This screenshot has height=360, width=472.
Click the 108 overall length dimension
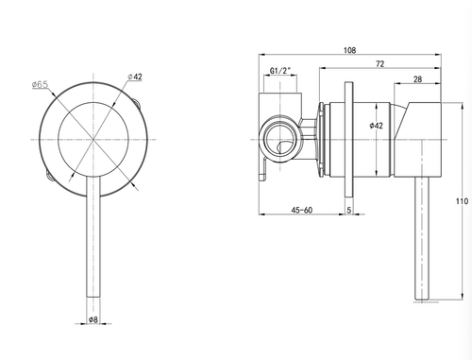(x=349, y=50)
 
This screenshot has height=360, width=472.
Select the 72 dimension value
(x=380, y=64)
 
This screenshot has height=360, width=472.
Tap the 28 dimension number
(x=417, y=79)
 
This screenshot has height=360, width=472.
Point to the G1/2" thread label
(x=279, y=71)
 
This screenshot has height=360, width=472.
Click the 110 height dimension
(x=462, y=201)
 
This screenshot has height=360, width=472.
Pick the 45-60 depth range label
(x=302, y=210)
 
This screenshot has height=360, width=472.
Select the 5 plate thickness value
(x=349, y=210)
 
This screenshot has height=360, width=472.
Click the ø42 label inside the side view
(x=377, y=126)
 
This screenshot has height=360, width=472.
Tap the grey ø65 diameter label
(x=40, y=84)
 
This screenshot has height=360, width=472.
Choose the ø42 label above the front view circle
(x=135, y=77)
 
